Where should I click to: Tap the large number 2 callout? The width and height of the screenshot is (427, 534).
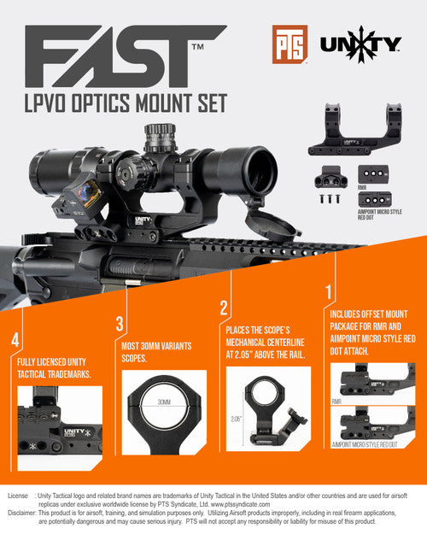(x=224, y=308)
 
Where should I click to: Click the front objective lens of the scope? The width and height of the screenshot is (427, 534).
(x=248, y=170)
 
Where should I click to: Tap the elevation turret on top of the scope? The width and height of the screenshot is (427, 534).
(x=156, y=134)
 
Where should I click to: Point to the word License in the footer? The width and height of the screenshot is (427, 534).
(x=18, y=495)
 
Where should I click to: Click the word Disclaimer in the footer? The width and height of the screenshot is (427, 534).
(x=21, y=513)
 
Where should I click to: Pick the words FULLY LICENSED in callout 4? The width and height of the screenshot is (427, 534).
(x=43, y=362)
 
